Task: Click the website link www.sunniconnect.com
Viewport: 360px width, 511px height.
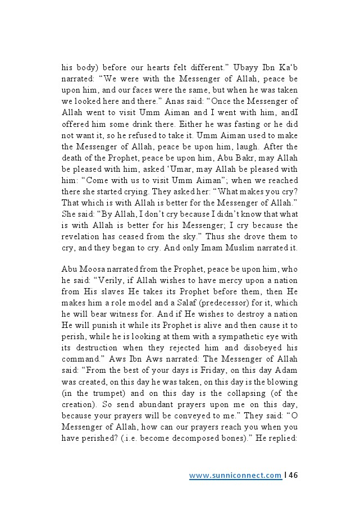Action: pos(235,476)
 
